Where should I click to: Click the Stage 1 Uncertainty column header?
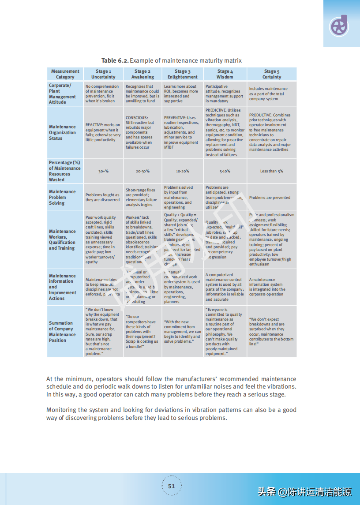click(103, 74)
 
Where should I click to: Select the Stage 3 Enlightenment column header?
click(183, 74)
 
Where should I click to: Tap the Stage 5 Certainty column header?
click(272, 74)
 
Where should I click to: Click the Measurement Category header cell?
click(65, 74)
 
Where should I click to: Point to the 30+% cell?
click(103, 171)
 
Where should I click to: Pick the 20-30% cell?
click(142, 171)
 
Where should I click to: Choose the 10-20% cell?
click(183, 171)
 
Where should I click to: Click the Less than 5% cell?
click(272, 171)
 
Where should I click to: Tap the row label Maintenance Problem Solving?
click(62, 197)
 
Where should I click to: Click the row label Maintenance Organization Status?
click(62, 132)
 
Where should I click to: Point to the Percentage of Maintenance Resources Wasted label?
click(64, 171)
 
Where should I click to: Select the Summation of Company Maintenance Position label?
click(62, 332)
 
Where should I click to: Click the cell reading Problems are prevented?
click(270, 198)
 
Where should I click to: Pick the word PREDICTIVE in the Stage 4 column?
click(216, 110)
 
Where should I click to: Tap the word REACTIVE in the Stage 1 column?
click(94, 125)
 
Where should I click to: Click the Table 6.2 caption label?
click(115, 60)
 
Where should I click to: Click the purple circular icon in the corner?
click(339, 26)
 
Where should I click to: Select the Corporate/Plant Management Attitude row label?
click(62, 94)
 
